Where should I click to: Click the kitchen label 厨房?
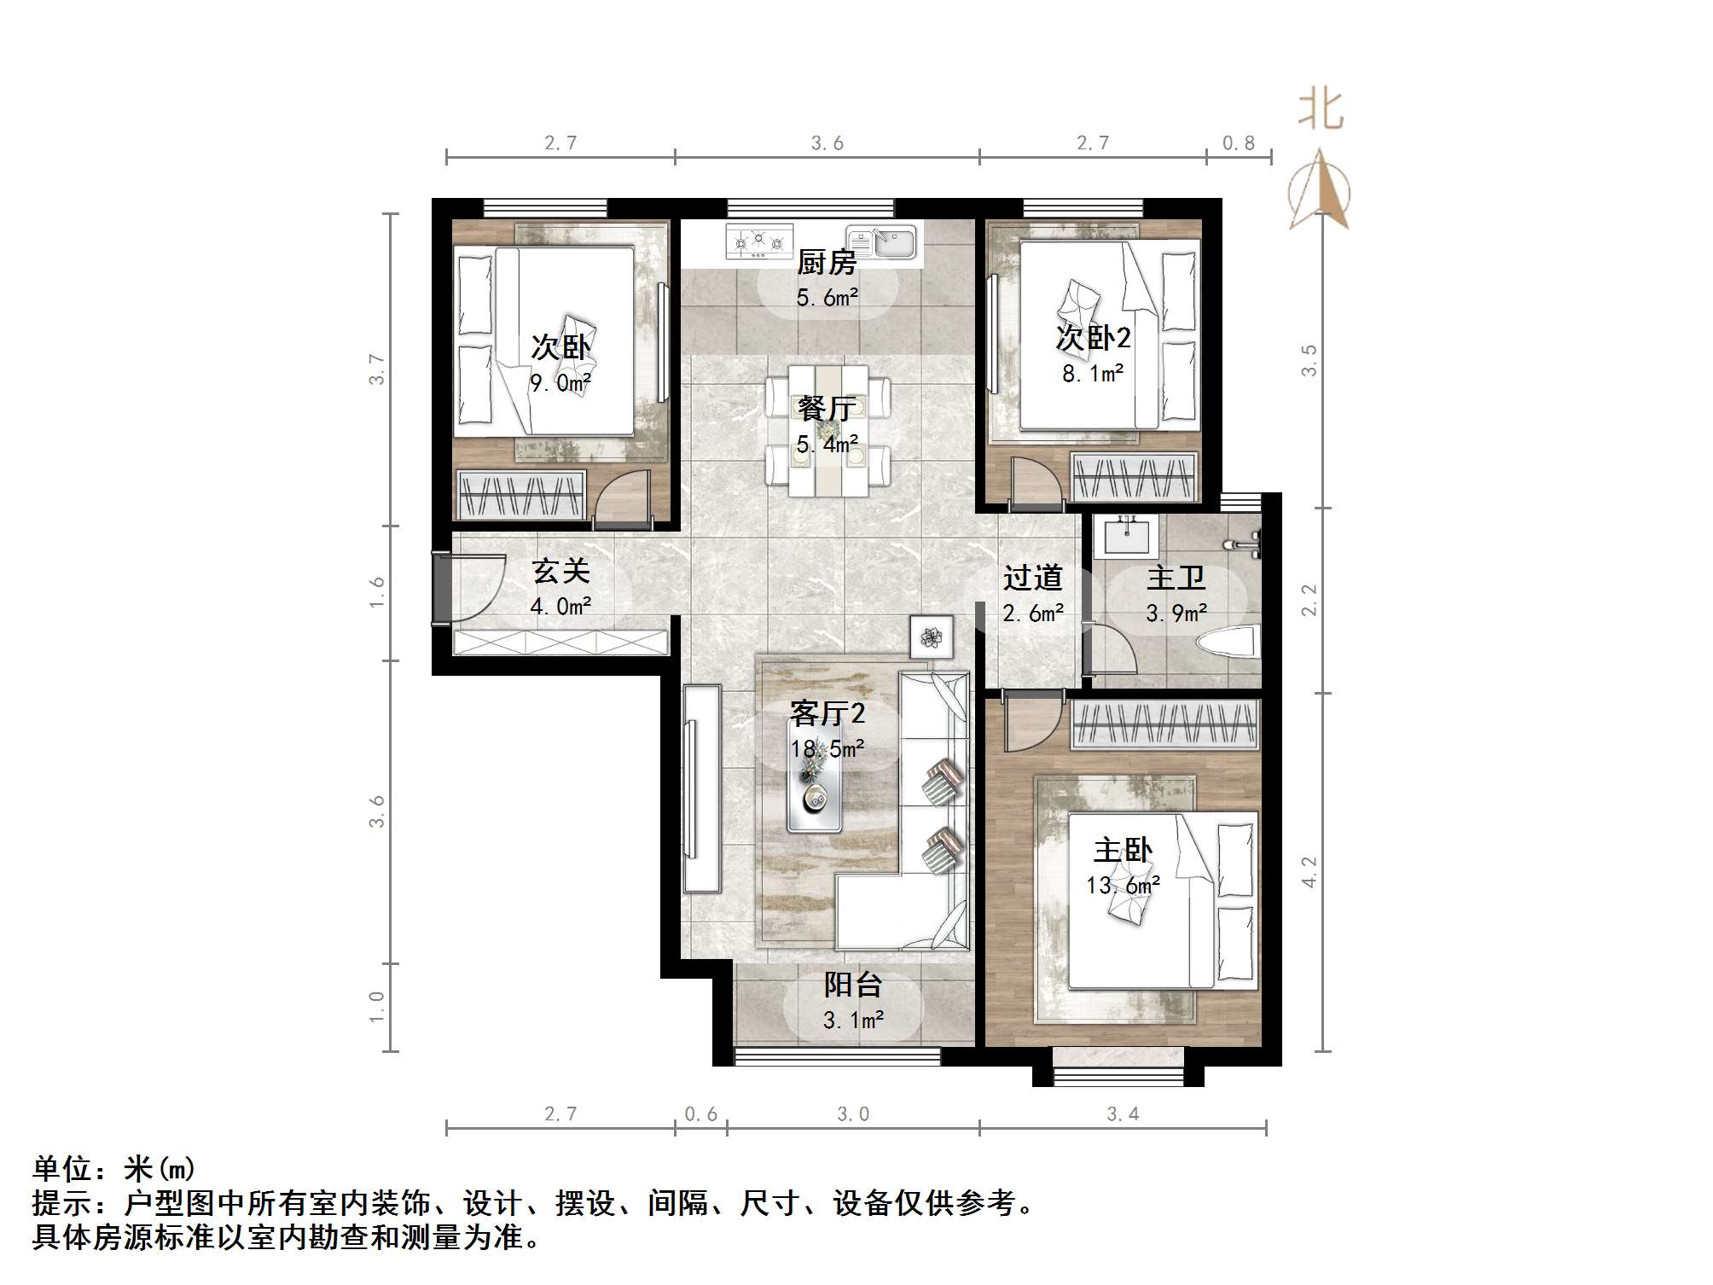pyautogui.click(x=826, y=263)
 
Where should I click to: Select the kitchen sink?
pyautogui.click(x=881, y=241)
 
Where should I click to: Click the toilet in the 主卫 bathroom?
pyautogui.click(x=1229, y=642)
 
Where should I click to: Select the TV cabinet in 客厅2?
pyautogui.click(x=702, y=788)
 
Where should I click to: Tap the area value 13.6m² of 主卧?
pyautogui.click(x=1123, y=886)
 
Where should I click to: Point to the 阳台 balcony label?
pyautogui.click(x=851, y=986)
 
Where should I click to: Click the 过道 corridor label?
pyautogui.click(x=1032, y=579)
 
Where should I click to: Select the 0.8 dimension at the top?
pyautogui.click(x=1238, y=143)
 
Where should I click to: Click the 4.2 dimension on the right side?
pyautogui.click(x=1309, y=872)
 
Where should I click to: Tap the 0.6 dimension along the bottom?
pyautogui.click(x=700, y=1114)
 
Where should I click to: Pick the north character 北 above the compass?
pyautogui.click(x=1321, y=111)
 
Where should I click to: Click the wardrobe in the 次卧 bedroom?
pyautogui.click(x=521, y=494)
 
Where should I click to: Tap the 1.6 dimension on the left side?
pyautogui.click(x=376, y=592)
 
